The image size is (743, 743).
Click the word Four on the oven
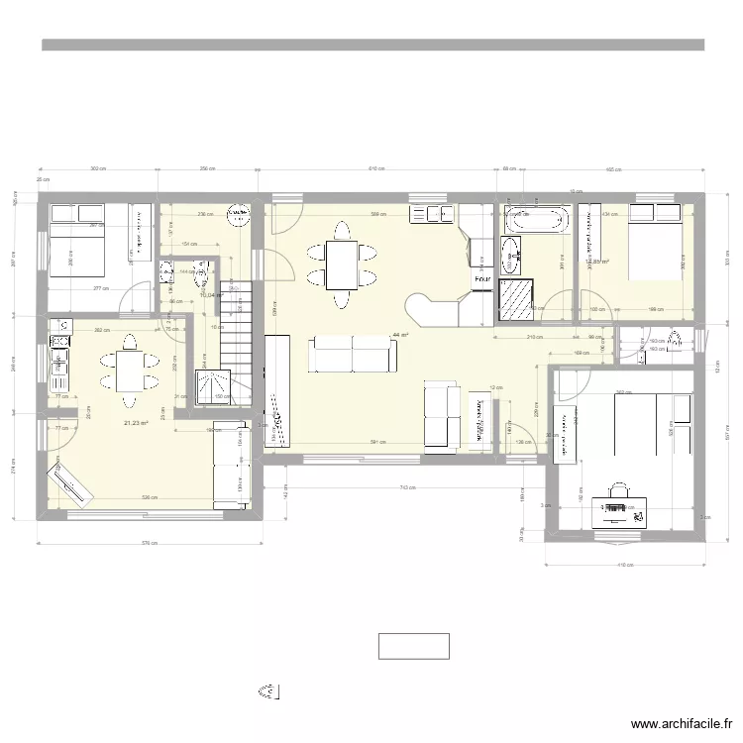point(482,280)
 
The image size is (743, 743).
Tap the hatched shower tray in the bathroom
point(516,300)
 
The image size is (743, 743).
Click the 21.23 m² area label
point(135,423)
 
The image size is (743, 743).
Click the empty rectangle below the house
point(413,646)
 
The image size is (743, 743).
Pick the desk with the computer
point(621,510)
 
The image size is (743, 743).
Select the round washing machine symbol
point(239,211)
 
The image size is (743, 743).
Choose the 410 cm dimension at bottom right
point(625,565)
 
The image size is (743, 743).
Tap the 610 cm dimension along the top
point(376,169)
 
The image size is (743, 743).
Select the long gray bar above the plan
point(372,45)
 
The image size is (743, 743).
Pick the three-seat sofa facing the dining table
point(353,354)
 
